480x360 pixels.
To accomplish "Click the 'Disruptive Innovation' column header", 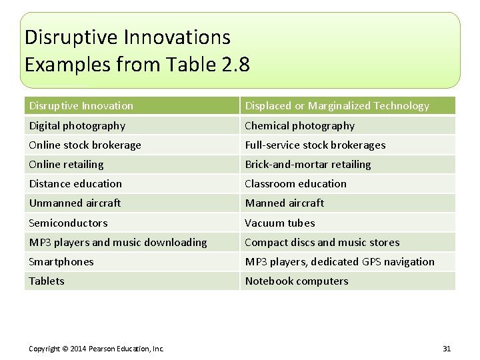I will point(81,106).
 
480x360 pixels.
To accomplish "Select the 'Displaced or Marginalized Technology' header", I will point(337,106).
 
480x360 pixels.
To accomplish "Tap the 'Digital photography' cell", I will point(77,125).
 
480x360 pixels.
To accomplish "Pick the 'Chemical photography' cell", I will point(300,125).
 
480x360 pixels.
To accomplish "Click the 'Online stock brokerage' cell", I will point(85,145).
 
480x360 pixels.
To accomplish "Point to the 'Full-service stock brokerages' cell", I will point(315,145).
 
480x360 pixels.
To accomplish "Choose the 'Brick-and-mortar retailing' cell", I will point(308,164).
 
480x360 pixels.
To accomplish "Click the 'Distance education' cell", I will point(75,183).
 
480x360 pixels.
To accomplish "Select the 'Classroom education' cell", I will point(296,183).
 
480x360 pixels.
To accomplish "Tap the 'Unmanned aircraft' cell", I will point(75,203).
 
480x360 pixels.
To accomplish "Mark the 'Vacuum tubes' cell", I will point(280,223).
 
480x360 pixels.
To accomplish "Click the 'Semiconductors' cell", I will point(68,223).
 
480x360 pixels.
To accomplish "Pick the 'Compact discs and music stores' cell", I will point(322,242).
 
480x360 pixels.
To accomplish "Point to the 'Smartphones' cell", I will point(61,261).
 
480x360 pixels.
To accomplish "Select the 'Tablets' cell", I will point(47,281).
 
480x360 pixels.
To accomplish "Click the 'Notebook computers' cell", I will point(297,281).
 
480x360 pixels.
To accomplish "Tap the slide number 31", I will point(447,348).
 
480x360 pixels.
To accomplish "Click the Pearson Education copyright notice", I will point(96,348).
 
